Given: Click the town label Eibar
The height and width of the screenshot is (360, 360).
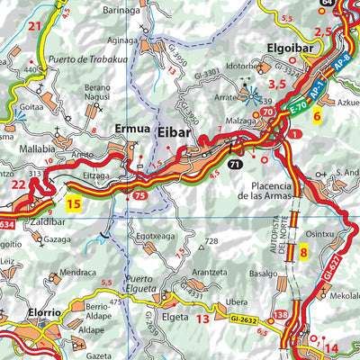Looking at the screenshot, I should tap(176, 130).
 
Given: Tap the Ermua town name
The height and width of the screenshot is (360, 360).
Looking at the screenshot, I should tap(130, 129).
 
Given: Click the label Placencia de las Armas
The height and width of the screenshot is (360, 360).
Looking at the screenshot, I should tap(263, 187).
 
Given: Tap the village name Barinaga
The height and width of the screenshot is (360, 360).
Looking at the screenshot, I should tap(122, 9).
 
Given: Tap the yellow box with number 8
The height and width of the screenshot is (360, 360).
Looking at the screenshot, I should tap(303, 253).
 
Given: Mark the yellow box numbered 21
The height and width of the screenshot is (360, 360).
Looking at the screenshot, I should tap(35, 26).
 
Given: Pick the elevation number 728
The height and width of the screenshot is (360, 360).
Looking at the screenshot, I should tap(211, 241).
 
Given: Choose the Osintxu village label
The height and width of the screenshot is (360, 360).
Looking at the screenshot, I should tap(319, 233).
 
